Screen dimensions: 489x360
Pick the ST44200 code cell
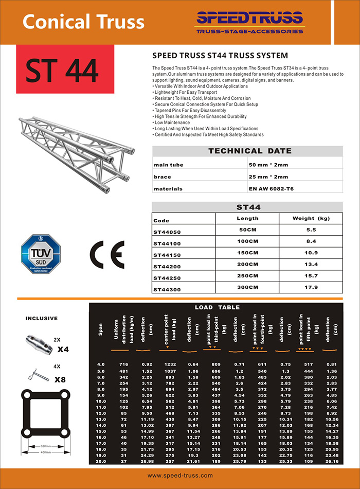(167, 266)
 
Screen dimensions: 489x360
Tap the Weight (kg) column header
(311, 219)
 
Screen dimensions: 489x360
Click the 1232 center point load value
(170, 364)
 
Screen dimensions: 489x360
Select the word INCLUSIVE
(42, 319)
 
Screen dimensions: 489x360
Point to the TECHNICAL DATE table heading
(249, 151)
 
